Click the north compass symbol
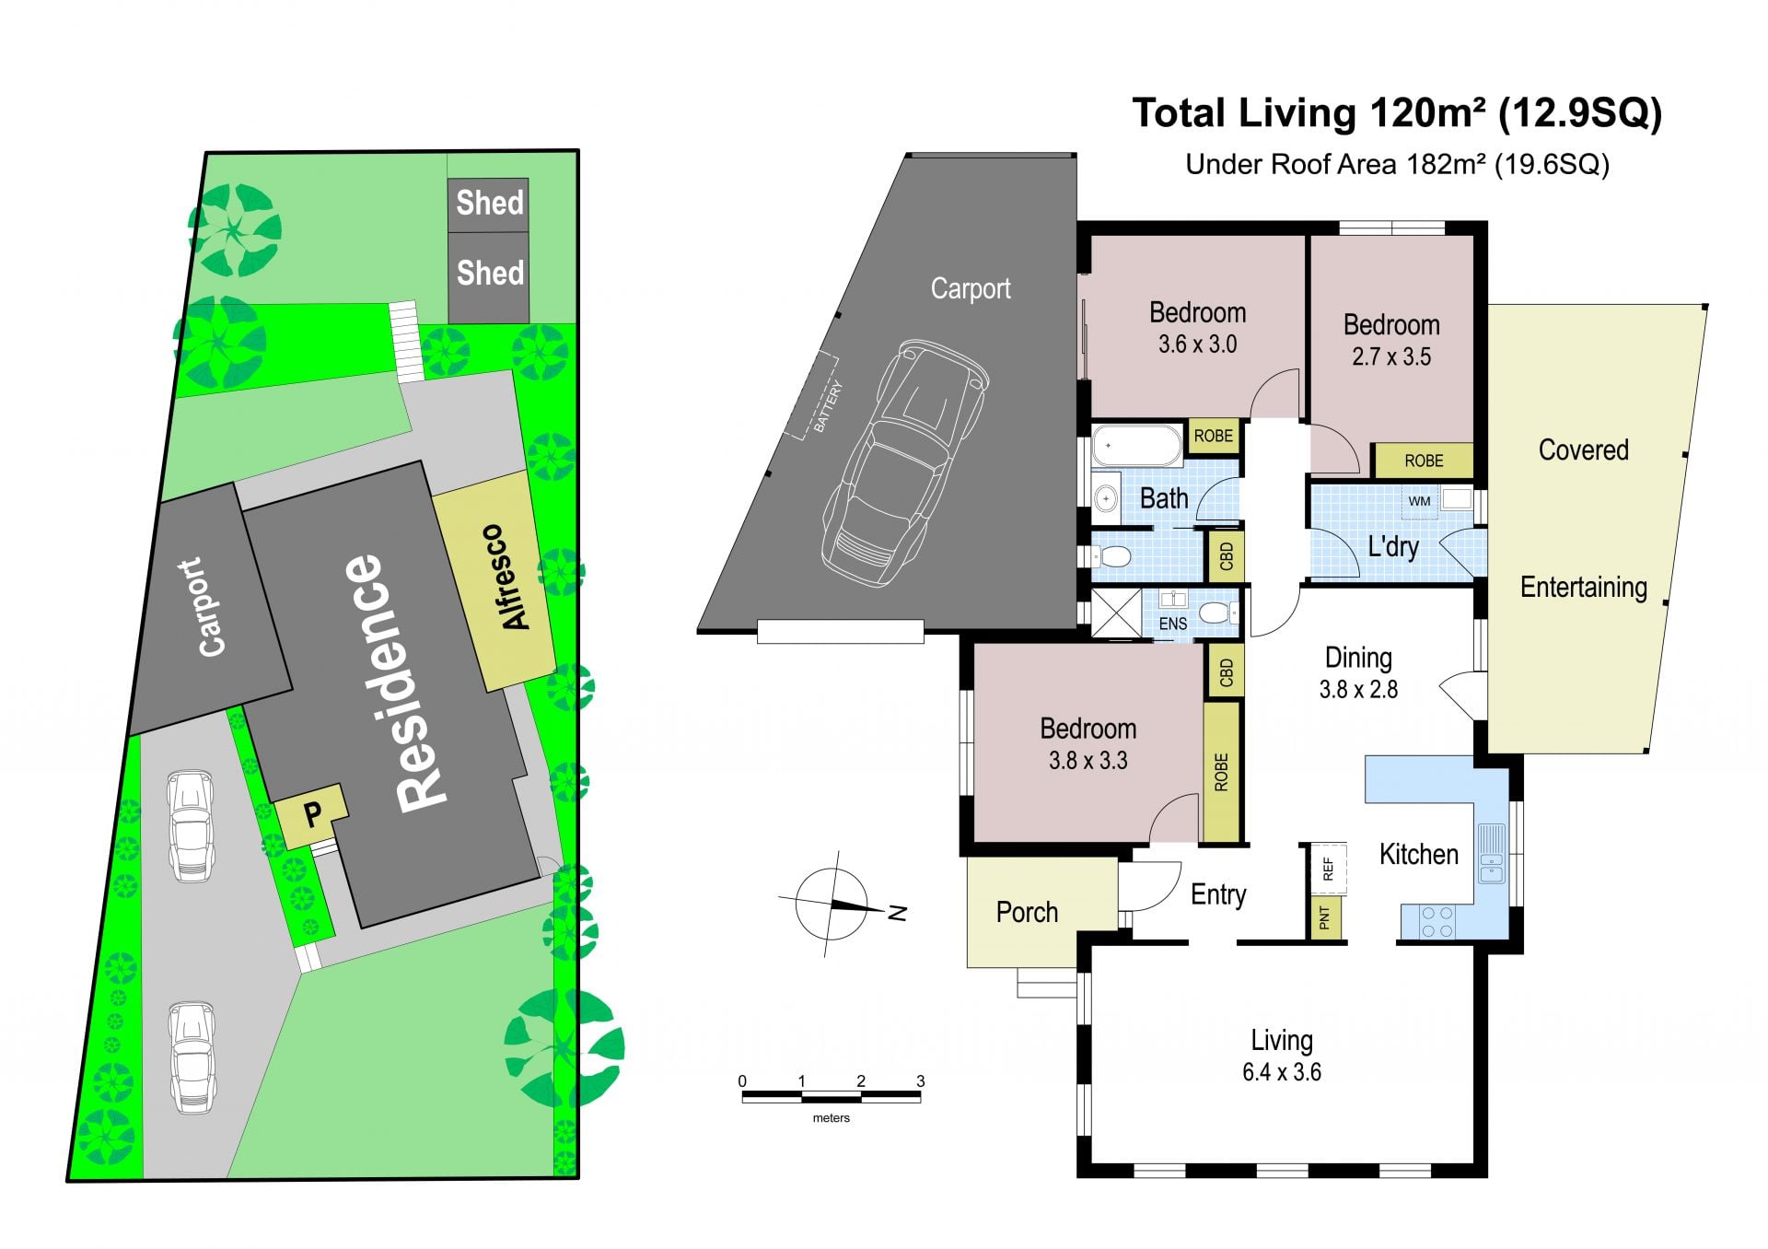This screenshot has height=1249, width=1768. [x=832, y=905]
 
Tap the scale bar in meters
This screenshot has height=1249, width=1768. [x=831, y=1096]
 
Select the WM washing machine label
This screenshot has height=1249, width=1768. [x=1419, y=501]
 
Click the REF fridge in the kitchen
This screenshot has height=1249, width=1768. [x=1328, y=869]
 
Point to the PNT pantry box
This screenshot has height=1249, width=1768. [x=1325, y=917]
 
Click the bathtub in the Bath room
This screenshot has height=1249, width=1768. [x=1136, y=446]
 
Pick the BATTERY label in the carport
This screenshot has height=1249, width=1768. [x=827, y=407]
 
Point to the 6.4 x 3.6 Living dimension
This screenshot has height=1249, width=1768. [x=1281, y=1072]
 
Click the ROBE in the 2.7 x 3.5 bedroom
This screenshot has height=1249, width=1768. [x=1424, y=461]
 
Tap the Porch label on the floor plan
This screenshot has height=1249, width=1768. [x=1027, y=912]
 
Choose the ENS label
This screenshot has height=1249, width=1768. [x=1172, y=624]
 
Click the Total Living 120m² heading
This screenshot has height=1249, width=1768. [x=1397, y=113]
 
